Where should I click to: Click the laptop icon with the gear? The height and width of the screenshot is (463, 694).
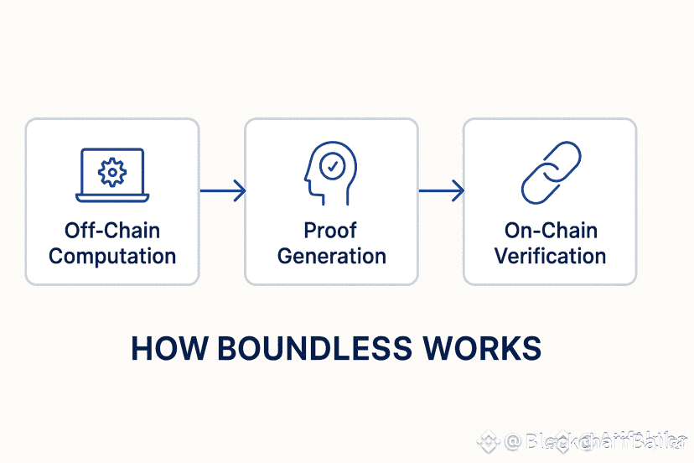[x=112, y=174]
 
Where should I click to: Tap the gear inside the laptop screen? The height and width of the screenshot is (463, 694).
[x=112, y=171]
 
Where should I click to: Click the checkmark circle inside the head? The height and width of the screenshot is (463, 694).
[x=333, y=167]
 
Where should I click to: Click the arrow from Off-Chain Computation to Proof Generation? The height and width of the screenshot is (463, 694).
[x=222, y=191]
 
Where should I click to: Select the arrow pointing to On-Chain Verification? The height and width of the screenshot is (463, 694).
[x=441, y=191]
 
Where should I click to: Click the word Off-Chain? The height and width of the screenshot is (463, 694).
[x=112, y=230]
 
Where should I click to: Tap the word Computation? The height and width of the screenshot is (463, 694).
[x=112, y=256]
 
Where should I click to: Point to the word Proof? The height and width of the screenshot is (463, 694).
[x=331, y=230]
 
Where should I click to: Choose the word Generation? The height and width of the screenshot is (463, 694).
[x=331, y=256]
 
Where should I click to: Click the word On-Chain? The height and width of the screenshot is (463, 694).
[x=550, y=230]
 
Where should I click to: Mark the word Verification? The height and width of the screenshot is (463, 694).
[x=550, y=256]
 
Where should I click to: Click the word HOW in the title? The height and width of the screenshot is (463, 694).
[x=167, y=349]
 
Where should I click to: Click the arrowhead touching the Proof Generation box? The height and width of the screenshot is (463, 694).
[x=240, y=191]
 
